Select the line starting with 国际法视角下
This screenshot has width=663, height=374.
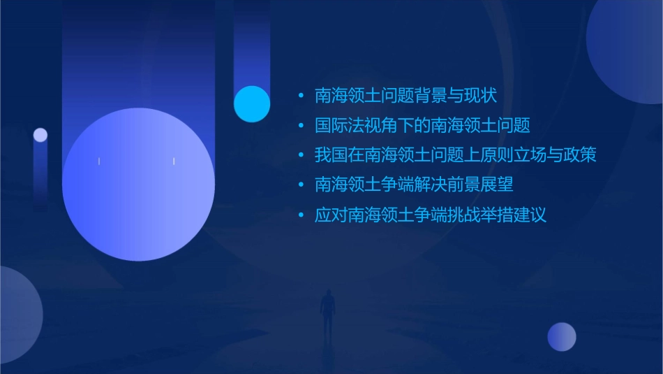(422, 126)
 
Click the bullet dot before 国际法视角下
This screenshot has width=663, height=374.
(301, 126)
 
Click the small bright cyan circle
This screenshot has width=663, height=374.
(252, 104)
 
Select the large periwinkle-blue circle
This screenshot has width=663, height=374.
(138, 185)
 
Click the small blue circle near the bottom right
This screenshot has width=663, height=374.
(562, 337)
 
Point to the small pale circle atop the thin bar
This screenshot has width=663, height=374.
(40, 135)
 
